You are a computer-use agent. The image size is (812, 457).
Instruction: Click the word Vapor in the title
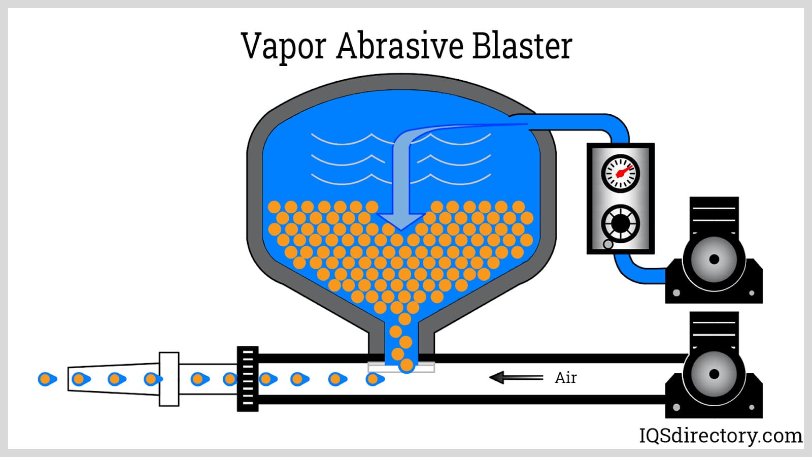(283, 46)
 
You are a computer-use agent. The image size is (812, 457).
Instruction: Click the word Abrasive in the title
(399, 46)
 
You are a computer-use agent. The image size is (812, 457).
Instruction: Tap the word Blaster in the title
(522, 46)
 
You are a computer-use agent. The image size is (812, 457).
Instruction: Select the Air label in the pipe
(565, 378)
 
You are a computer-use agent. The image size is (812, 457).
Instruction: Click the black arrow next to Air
(515, 377)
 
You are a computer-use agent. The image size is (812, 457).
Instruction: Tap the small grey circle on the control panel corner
(608, 244)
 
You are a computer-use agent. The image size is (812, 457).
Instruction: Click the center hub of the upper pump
(714, 259)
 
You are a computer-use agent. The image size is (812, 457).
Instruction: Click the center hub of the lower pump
(714, 374)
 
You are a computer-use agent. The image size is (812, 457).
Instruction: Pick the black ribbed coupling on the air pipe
(248, 378)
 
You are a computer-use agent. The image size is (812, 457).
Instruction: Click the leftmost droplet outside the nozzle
(47, 379)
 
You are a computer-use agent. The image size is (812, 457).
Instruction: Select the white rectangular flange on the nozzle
(169, 379)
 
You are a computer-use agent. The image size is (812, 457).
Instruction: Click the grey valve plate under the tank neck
(401, 367)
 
